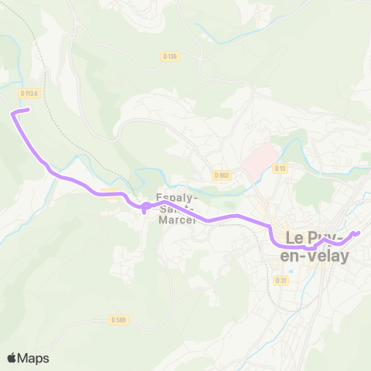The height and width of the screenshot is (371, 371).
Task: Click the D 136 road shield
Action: tap(171, 56)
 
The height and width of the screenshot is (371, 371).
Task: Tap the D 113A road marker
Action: tap(28, 93)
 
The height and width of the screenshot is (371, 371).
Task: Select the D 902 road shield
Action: tap(223, 175)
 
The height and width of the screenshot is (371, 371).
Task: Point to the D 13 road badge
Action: tap(280, 168)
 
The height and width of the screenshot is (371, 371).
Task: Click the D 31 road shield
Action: tap(281, 281)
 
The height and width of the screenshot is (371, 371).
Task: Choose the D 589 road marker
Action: tap(117, 319)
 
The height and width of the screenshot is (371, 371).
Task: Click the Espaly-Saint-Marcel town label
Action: tap(178, 209)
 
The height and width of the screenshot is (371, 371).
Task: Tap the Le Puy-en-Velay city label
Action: tap(318, 247)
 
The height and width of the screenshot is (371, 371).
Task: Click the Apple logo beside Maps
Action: tap(12, 358)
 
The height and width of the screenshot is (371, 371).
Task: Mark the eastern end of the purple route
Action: tap(359, 232)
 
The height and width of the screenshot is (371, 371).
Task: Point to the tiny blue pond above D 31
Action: tap(291, 271)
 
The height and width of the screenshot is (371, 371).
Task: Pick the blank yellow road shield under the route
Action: tap(109, 195)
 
